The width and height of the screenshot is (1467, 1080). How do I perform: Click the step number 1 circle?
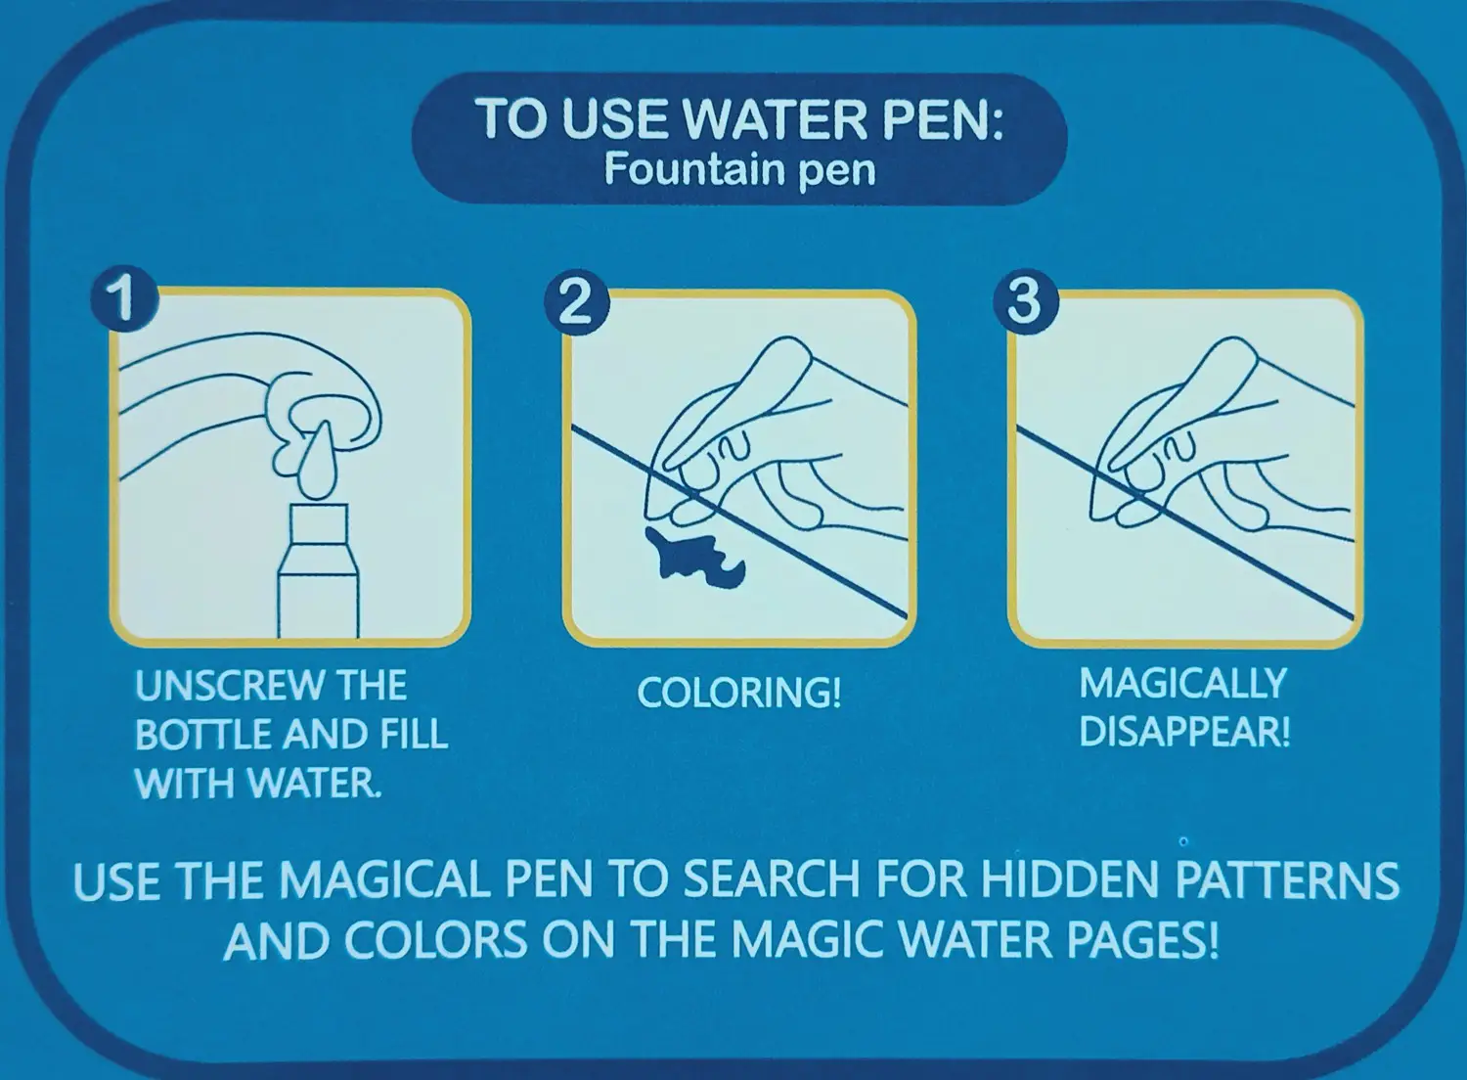124,298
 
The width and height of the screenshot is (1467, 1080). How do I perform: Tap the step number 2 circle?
577,302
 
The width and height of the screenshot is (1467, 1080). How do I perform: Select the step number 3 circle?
1026,302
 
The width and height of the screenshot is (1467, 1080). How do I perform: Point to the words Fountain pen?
740,169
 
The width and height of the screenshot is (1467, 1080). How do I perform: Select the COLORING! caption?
738,693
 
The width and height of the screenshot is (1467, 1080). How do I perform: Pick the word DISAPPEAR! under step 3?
1184,732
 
